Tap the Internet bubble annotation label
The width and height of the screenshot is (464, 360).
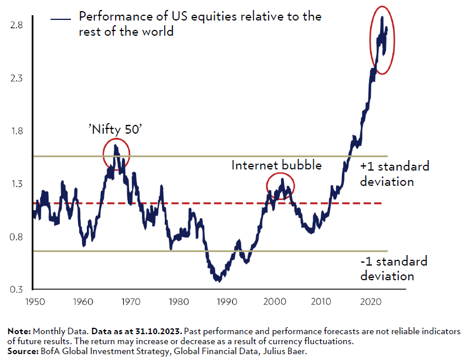point(276,165)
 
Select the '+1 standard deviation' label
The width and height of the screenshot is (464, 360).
point(394,174)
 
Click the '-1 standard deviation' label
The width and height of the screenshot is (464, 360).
point(394,269)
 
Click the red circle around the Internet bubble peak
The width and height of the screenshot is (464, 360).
point(280,185)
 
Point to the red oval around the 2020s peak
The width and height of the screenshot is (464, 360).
point(382,40)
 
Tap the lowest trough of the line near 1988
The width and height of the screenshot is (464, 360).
point(218,280)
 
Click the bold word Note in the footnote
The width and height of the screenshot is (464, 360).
point(18,331)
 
